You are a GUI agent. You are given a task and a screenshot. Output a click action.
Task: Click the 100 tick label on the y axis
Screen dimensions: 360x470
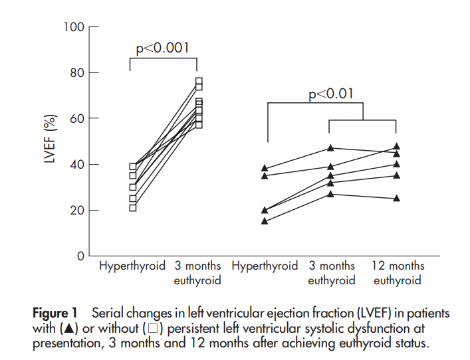(74, 27)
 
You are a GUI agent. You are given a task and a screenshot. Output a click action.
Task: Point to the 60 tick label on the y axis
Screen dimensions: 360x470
(78, 119)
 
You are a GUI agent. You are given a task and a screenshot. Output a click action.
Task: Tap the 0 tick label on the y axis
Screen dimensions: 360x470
(81, 256)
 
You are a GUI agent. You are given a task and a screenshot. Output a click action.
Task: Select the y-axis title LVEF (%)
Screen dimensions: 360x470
(49, 141)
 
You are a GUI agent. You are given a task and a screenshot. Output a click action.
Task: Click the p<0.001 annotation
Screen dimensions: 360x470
(163, 48)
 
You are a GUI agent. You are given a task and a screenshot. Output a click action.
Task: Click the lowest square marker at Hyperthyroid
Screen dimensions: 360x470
(133, 208)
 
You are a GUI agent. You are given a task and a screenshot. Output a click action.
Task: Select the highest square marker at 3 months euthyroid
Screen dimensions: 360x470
(199, 82)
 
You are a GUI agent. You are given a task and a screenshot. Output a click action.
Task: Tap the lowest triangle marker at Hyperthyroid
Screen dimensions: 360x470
(265, 221)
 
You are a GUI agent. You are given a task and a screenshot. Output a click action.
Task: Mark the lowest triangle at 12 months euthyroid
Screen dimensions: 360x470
(397, 198)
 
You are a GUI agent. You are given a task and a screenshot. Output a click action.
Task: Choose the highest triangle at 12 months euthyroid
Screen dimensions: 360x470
(397, 146)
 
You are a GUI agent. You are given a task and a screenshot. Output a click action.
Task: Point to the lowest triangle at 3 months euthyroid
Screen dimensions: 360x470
(331, 193)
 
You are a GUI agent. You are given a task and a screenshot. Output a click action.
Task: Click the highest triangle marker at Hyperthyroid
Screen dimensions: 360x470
(265, 169)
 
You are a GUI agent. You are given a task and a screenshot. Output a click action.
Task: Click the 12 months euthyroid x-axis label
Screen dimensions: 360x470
(397, 273)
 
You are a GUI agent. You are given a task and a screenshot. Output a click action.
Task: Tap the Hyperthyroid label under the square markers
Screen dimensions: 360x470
(132, 266)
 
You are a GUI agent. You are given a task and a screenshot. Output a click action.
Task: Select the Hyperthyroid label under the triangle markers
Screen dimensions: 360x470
(265, 266)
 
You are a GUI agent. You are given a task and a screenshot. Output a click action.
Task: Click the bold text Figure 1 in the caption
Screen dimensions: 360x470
(56, 313)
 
